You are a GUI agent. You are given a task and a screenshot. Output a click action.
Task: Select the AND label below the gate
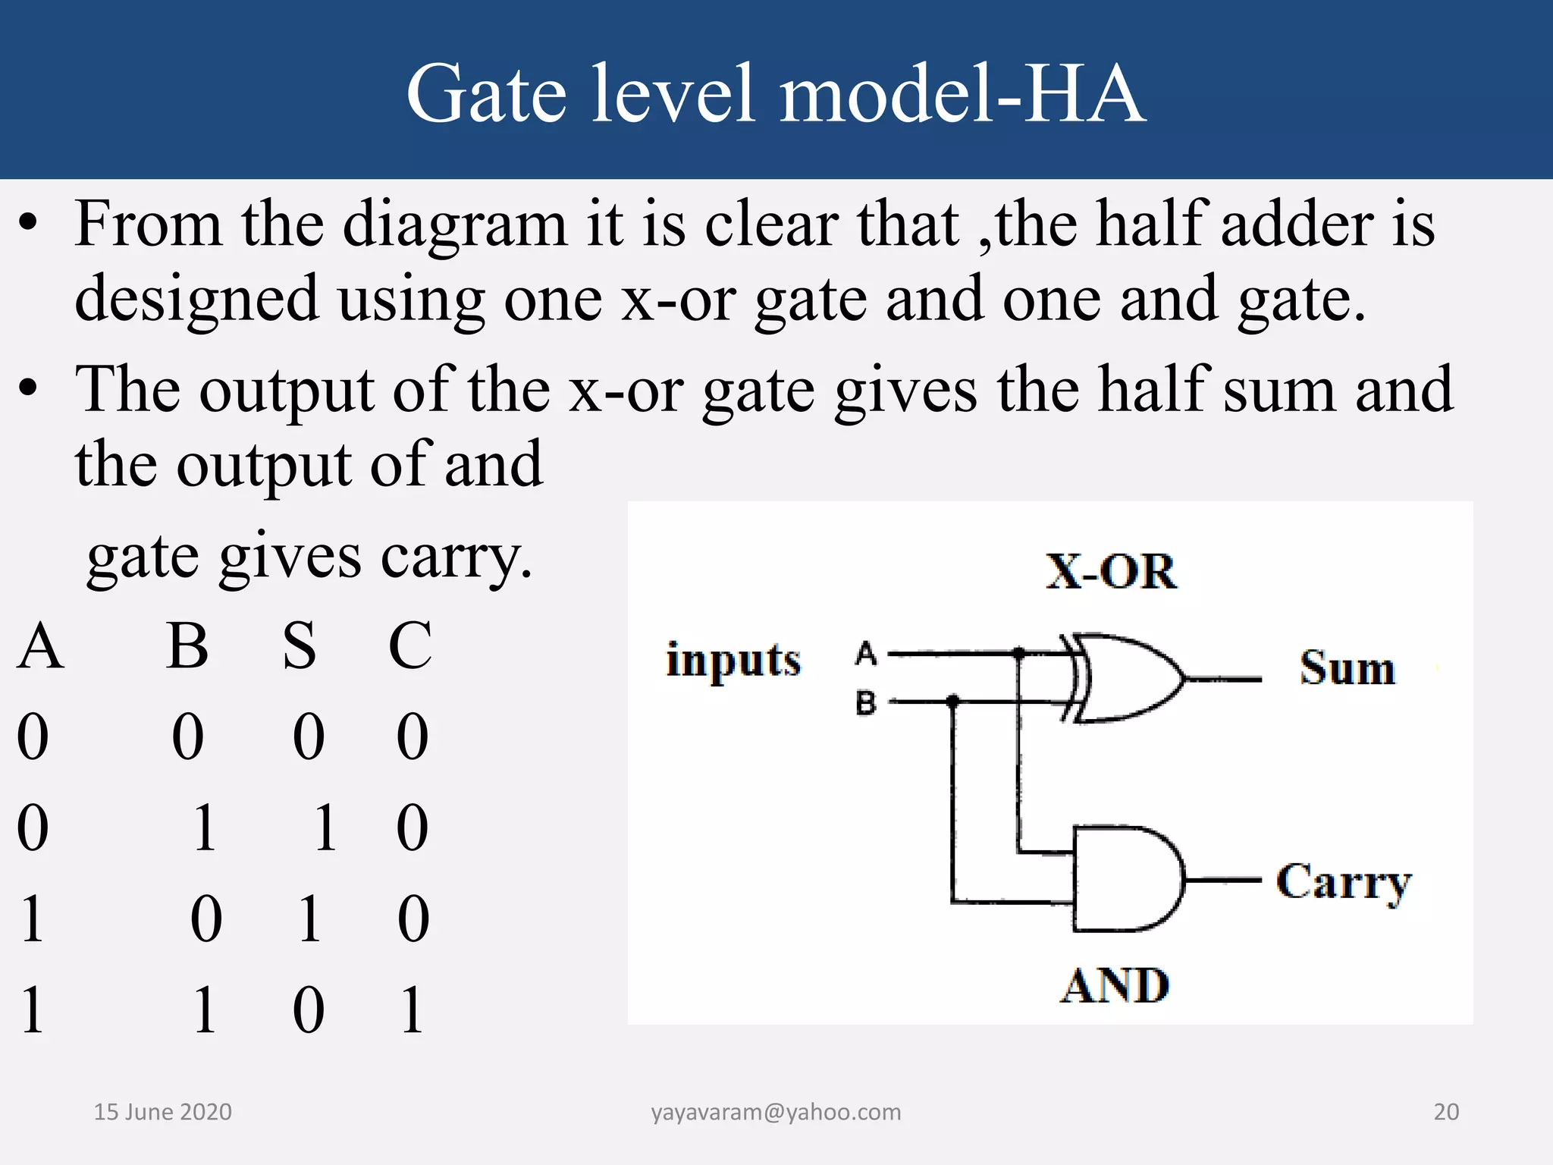(1115, 985)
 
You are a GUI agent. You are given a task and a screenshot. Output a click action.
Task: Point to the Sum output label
(1348, 668)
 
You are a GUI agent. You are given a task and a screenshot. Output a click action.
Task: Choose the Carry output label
(1343, 882)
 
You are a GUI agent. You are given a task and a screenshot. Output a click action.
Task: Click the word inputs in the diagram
(733, 660)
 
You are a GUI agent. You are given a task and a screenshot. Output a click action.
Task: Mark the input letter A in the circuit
(866, 653)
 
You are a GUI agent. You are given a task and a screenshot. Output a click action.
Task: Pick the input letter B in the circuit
(866, 702)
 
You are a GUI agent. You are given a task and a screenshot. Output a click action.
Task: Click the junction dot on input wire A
(1020, 652)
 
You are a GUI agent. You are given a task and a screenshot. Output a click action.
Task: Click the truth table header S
(300, 645)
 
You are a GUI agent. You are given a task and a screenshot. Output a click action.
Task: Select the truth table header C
(410, 645)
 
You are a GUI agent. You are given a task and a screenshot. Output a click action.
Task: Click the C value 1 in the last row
(412, 1010)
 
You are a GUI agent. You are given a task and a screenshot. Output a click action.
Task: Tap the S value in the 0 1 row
(325, 827)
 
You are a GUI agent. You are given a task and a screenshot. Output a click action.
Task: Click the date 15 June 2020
(162, 1112)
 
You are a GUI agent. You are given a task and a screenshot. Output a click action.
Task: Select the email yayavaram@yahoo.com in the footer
(776, 1112)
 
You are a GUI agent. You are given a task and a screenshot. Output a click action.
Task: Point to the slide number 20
(1446, 1112)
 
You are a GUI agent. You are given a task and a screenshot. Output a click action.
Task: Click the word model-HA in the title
(962, 93)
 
